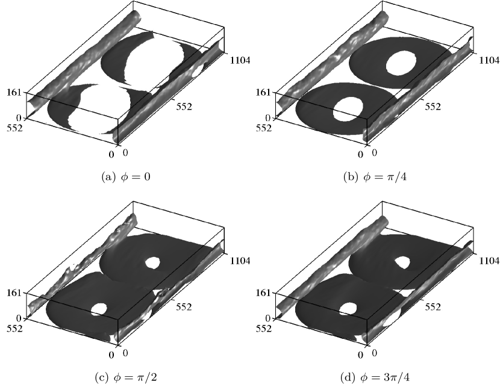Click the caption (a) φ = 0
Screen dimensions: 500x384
tap(126, 177)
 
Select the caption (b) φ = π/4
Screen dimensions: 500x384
tap(375, 177)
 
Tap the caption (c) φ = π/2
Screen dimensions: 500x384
tap(126, 377)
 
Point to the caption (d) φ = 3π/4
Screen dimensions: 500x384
tap(375, 377)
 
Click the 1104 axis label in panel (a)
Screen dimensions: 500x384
tap(240, 60)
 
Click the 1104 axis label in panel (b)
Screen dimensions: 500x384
tap(489, 60)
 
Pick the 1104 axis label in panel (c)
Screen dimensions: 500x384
tap(240, 261)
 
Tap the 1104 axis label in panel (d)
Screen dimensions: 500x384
tap(489, 261)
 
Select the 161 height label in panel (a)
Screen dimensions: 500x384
tap(14, 93)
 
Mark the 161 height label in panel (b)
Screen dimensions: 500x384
tap(263, 93)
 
